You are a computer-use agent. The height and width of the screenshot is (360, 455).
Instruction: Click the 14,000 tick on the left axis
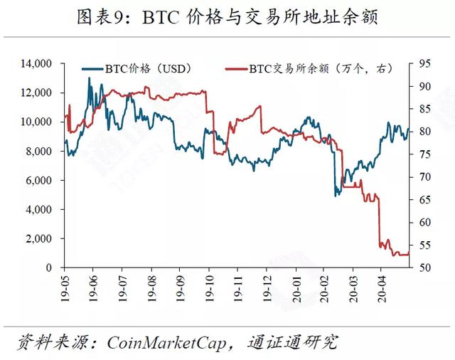(36, 63)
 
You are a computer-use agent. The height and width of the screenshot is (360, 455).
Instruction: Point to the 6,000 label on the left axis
(38, 180)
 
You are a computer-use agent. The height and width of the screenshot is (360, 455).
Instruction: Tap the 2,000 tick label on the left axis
(38, 238)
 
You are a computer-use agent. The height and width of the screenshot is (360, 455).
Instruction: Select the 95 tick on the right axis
(425, 63)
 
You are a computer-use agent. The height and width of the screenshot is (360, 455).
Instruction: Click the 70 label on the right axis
(425, 177)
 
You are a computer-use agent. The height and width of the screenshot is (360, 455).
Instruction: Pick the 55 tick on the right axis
(425, 245)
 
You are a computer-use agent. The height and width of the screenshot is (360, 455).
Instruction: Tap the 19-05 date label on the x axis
(65, 288)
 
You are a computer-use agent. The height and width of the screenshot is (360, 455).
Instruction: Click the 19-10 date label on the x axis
(209, 288)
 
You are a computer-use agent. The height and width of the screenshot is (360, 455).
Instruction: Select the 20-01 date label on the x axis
(296, 288)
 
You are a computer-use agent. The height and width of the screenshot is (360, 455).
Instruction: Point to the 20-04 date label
(382, 288)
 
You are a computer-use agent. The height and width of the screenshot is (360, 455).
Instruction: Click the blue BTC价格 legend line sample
(92, 69)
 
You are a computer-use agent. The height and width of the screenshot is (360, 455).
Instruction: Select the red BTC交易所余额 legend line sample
(237, 69)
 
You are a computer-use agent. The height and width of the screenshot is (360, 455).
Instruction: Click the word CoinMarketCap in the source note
(167, 343)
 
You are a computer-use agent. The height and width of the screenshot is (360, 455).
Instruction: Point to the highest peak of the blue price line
(89, 78)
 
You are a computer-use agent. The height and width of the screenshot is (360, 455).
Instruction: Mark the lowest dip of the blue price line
(336, 196)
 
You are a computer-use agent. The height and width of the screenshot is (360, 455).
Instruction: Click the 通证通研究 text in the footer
(292, 343)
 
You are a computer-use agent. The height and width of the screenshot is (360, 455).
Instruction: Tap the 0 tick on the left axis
(48, 268)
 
